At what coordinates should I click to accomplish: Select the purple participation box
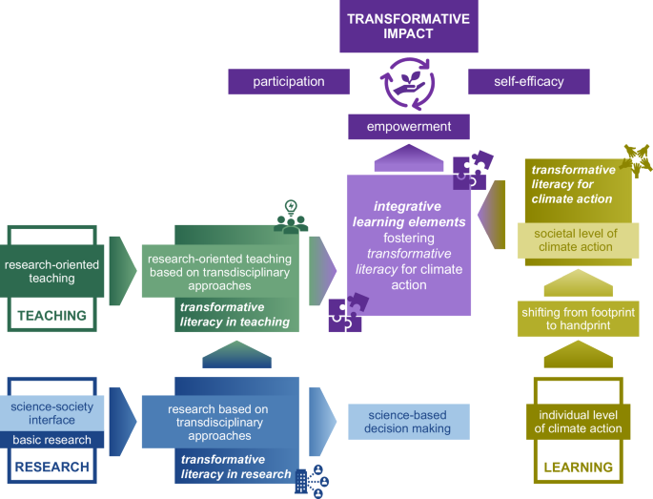coord(288,81)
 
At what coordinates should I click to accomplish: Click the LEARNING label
coord(578,468)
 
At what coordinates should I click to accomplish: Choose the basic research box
coord(53,440)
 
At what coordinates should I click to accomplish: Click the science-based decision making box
coord(408,421)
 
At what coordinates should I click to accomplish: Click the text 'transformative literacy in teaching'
coord(235,314)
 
